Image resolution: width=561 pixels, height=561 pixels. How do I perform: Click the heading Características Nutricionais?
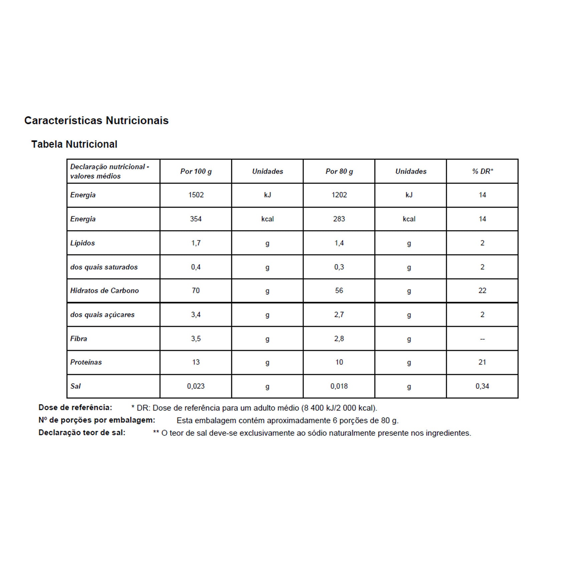click(x=96, y=121)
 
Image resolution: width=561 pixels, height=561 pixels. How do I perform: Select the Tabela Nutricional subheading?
click(x=74, y=144)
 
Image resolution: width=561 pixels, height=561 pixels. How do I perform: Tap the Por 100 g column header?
click(x=196, y=171)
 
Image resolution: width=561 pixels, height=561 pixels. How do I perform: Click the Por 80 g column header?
click(x=339, y=171)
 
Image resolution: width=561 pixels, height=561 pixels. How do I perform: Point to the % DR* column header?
click(x=482, y=171)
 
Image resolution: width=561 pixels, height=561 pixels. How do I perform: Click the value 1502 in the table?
click(x=196, y=195)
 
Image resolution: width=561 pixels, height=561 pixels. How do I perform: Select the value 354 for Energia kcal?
click(x=196, y=219)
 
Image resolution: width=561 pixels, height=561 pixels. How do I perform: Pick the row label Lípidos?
click(x=82, y=243)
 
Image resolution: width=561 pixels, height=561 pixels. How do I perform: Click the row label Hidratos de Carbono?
click(x=104, y=291)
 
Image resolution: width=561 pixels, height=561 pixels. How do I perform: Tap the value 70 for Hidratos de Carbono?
click(x=196, y=291)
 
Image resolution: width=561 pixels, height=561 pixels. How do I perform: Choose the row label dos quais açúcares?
click(x=102, y=315)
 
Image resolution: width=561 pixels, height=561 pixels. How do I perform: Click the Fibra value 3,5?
click(x=196, y=339)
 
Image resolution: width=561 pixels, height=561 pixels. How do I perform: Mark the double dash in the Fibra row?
click(x=482, y=339)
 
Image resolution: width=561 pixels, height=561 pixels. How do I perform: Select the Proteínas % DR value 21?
click(x=482, y=362)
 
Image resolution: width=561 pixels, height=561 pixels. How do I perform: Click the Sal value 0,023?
click(x=196, y=386)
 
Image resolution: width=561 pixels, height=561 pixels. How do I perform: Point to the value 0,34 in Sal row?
click(x=482, y=386)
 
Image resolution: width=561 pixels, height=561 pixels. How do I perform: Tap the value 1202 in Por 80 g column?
click(x=339, y=195)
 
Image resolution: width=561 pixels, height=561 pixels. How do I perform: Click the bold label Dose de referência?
click(x=75, y=407)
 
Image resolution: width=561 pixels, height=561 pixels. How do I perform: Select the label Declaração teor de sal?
click(x=82, y=433)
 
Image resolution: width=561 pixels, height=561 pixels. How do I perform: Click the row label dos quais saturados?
click(x=104, y=267)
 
